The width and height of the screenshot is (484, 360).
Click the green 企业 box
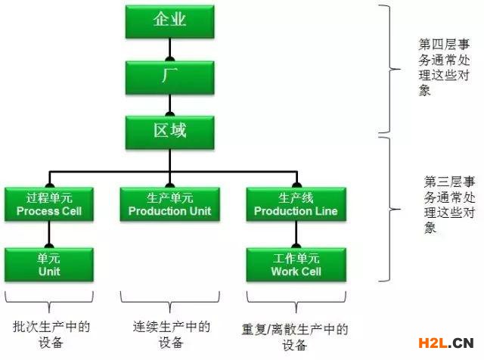169,22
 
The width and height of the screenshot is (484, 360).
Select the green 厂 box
169,77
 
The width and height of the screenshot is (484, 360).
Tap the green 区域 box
169,132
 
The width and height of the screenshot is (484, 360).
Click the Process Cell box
49,204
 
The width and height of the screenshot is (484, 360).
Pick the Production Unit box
169,204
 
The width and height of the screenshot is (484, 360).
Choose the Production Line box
296,204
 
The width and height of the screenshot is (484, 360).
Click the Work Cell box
296,265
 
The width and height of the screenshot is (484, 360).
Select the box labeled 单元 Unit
49,265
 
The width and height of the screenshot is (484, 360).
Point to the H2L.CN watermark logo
446,343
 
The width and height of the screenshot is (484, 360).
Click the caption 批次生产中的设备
51,334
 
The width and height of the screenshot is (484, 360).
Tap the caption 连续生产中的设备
172,334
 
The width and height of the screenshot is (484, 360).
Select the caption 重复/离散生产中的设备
295,337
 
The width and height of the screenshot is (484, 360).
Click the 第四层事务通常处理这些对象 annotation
444,67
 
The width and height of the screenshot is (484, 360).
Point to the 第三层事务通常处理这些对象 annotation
449,205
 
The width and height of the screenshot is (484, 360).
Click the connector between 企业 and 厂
169,50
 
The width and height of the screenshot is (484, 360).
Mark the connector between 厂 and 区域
169,105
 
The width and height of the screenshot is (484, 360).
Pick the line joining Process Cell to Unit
49,234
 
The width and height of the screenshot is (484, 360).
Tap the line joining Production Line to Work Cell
296,234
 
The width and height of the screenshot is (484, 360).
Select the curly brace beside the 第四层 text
389,70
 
